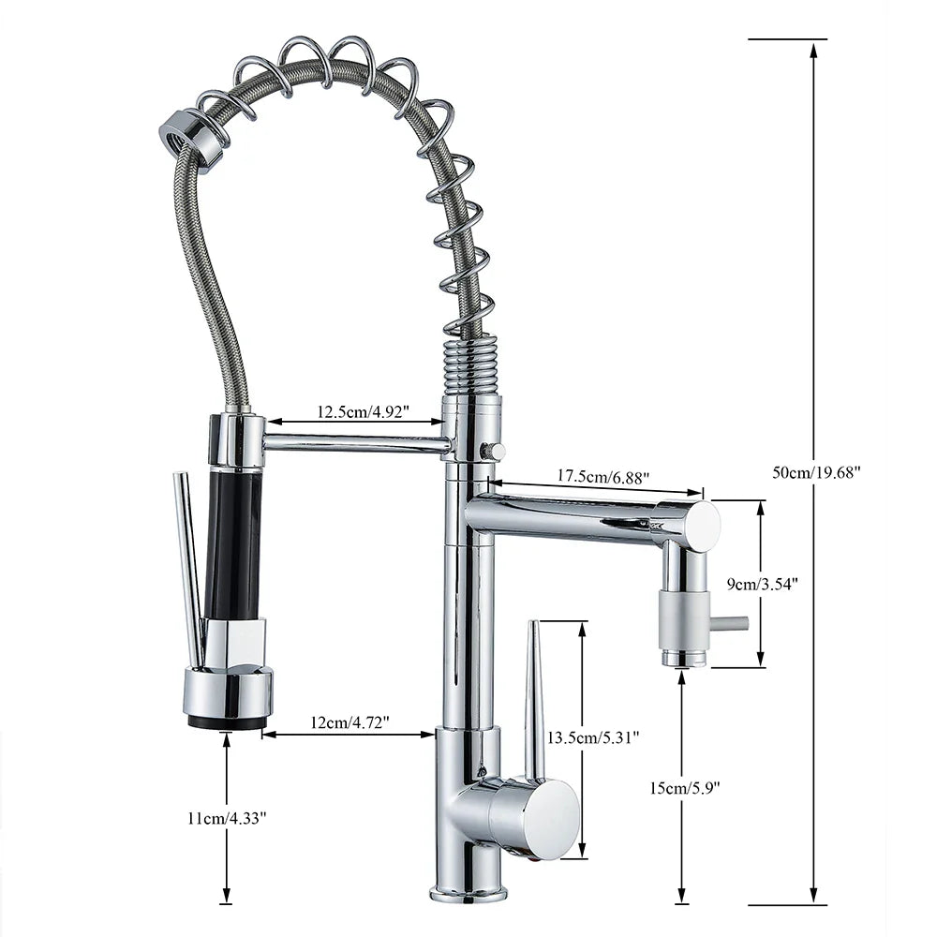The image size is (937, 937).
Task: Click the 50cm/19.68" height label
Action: coord(816,471)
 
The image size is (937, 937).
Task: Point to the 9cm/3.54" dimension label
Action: coord(763,583)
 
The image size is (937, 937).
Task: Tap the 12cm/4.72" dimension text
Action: coord(348,722)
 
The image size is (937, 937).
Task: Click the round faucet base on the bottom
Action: coord(468,891)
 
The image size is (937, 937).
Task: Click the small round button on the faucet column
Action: coord(491,451)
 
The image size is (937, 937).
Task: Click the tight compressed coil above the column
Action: coord(468,365)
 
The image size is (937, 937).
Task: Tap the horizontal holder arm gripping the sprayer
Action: coord(356,444)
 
